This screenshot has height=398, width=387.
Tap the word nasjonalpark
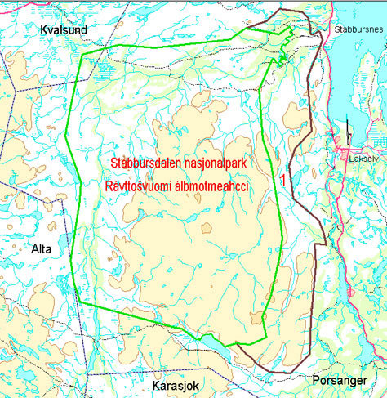coord(220,163)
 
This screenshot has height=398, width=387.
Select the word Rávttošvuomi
coord(141,186)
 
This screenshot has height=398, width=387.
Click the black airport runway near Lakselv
coord(348,129)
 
